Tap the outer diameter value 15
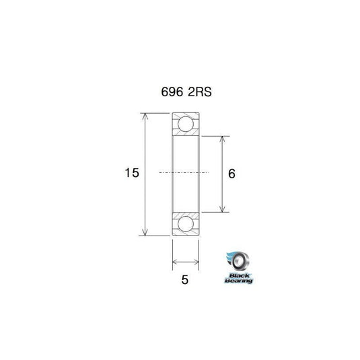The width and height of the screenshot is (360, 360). pos(131,174)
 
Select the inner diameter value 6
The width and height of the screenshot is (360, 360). pos(231,174)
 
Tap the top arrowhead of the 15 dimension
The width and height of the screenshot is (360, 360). pos(144,116)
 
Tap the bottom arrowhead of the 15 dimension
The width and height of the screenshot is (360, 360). pos(144,233)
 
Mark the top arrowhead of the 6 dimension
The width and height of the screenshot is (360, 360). pos(222,138)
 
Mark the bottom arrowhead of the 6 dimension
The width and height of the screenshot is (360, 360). pos(222,209)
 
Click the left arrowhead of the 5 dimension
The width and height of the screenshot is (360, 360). pos(176,260)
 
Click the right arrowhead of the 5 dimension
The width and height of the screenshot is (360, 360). pos(197,260)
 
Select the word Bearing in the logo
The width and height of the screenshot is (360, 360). pos(240,281)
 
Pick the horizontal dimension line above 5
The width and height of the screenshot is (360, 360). pos(186,260)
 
